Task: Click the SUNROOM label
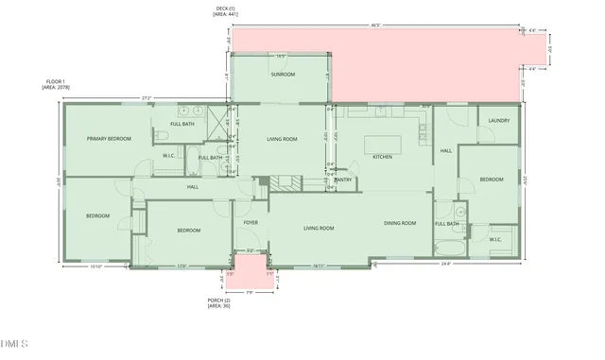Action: (x=283, y=74)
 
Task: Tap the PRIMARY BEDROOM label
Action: (x=109, y=139)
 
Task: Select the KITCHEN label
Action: (x=382, y=157)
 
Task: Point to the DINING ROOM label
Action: (x=400, y=223)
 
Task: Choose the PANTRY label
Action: (x=343, y=180)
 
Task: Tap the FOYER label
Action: (x=251, y=223)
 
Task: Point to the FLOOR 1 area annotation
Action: (x=55, y=84)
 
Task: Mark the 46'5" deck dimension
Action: (x=374, y=24)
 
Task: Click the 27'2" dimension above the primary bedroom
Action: (x=146, y=97)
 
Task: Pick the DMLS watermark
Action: (x=16, y=343)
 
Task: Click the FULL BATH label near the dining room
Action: (x=447, y=223)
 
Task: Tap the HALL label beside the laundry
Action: (x=446, y=150)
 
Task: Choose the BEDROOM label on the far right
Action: (x=491, y=179)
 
